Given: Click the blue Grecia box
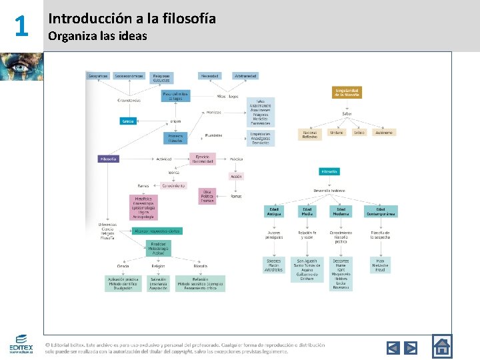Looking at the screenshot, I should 128,121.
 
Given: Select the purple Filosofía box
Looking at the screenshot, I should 108,159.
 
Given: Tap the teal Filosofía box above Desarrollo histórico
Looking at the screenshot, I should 329,171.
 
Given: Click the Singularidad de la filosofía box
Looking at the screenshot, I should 347,93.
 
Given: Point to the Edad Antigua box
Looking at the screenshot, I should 273,211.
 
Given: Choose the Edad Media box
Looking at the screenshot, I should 307,211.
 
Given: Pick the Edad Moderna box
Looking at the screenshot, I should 341,211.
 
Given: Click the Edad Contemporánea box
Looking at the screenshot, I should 381,211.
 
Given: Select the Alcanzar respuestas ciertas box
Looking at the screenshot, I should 157,231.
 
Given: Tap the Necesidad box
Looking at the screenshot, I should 210,76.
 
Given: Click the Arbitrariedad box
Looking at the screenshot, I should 245,76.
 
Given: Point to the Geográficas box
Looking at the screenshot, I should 99,76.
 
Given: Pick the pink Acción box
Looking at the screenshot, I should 236,176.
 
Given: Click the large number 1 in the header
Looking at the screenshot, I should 21,27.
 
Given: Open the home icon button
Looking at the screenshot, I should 441,346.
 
